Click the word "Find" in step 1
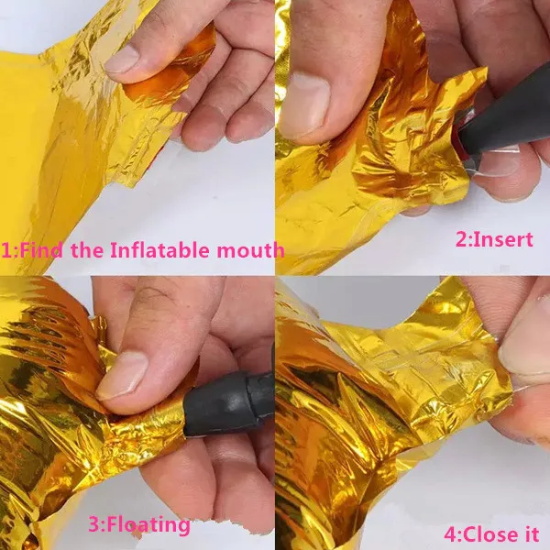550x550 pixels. click(x=43, y=250)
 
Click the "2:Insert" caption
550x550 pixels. click(x=494, y=239)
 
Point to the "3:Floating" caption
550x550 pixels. click(x=139, y=525)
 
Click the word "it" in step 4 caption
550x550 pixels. click(x=531, y=533)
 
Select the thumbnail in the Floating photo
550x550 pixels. click(x=122, y=376)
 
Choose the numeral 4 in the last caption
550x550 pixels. click(x=451, y=534)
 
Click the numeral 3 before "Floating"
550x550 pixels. click(x=94, y=525)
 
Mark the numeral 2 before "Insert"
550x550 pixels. click(x=462, y=240)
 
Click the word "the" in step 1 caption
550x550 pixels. click(x=88, y=250)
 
